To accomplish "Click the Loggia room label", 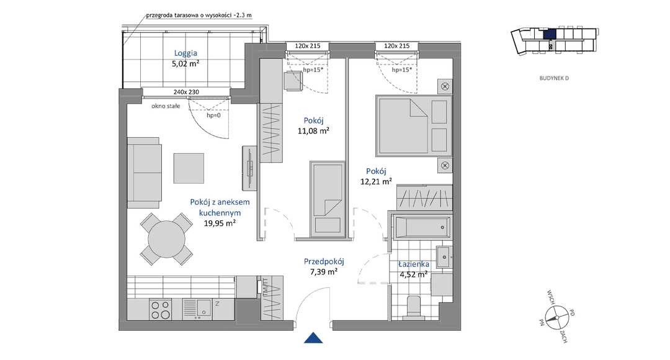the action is pos(185,53).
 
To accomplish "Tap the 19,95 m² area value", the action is pos(219,223).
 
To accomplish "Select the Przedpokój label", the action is pos(324,261).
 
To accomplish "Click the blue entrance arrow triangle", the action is pos(313,338).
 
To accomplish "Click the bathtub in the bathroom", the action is pos(422,227).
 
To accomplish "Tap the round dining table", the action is pos(167,239).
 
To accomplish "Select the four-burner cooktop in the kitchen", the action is pos(160,310).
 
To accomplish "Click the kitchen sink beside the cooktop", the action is pos(197,309).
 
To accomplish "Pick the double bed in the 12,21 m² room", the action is pos(414,126).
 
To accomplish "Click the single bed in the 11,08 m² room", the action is pos(328,199).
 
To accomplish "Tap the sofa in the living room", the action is pos(145,173).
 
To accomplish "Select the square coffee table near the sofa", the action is pos(189,168).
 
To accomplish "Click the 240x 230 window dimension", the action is pos(186,92).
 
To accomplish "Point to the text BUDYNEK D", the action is pos(554,78).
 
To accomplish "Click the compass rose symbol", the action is pos(557,318).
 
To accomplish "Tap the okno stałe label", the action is pos(166,106).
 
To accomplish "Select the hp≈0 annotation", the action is pos(213,115).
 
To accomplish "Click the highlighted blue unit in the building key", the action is pos(549,34).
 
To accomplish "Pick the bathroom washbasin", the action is pos(444,257).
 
